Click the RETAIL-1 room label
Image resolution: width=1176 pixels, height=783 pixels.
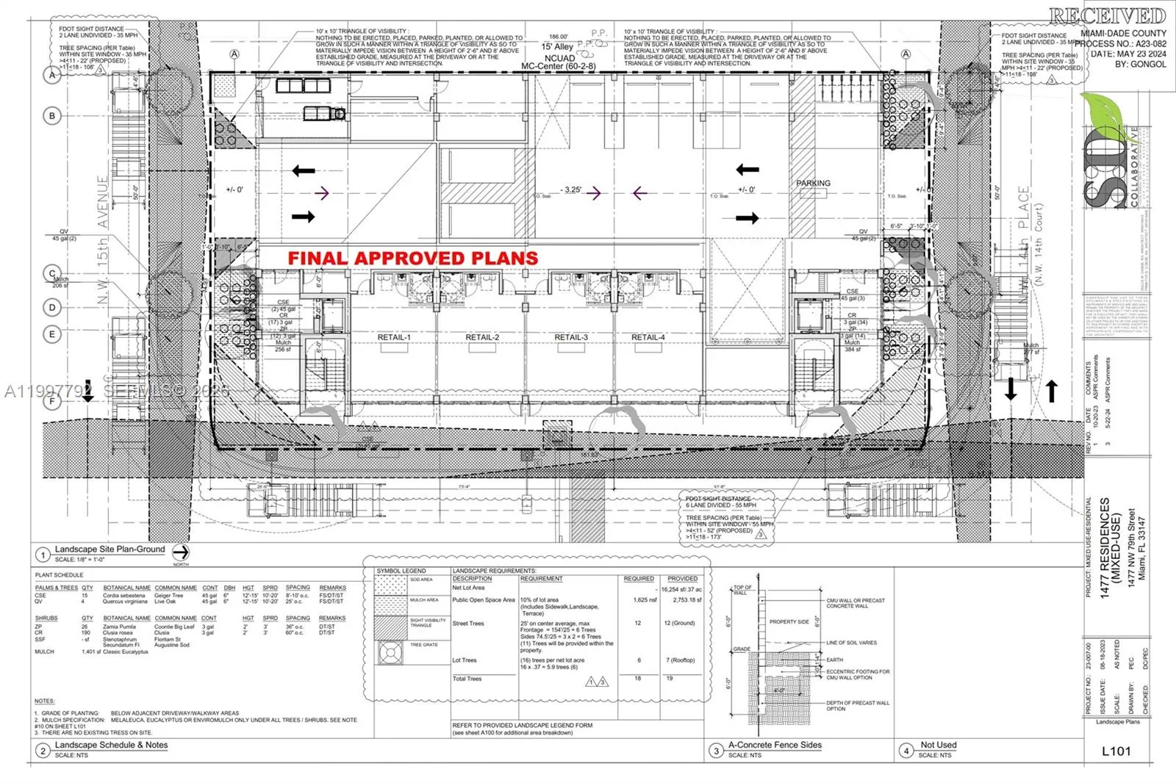click(x=394, y=337)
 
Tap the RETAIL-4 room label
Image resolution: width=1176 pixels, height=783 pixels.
click(x=648, y=337)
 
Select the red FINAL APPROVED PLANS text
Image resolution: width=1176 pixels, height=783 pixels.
click(x=412, y=259)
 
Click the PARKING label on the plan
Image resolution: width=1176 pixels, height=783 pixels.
click(x=813, y=183)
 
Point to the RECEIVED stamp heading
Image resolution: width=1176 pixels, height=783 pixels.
click(x=1107, y=15)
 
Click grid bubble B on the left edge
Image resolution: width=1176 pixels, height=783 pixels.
click(x=52, y=115)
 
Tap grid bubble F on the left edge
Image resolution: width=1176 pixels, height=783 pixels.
click(x=52, y=401)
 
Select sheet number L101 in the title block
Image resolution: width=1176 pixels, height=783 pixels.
click(x=1116, y=750)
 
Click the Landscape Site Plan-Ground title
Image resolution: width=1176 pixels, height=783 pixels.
click(x=110, y=549)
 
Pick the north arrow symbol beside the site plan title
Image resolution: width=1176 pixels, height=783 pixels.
click(x=181, y=552)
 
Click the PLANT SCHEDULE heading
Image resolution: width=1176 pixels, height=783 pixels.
click(x=59, y=574)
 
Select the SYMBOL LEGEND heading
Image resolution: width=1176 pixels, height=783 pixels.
click(x=401, y=571)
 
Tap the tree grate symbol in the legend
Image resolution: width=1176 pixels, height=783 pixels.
click(x=391, y=652)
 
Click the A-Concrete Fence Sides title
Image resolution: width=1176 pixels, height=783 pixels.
click(x=775, y=745)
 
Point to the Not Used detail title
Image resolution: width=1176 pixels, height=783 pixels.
click(x=939, y=745)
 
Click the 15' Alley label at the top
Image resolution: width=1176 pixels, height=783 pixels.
click(x=557, y=47)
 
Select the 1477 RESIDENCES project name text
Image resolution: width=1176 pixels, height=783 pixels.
click(x=1105, y=547)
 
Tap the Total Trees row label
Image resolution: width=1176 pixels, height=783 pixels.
click(x=467, y=679)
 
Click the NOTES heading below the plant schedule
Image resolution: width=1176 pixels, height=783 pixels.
click(x=44, y=701)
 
